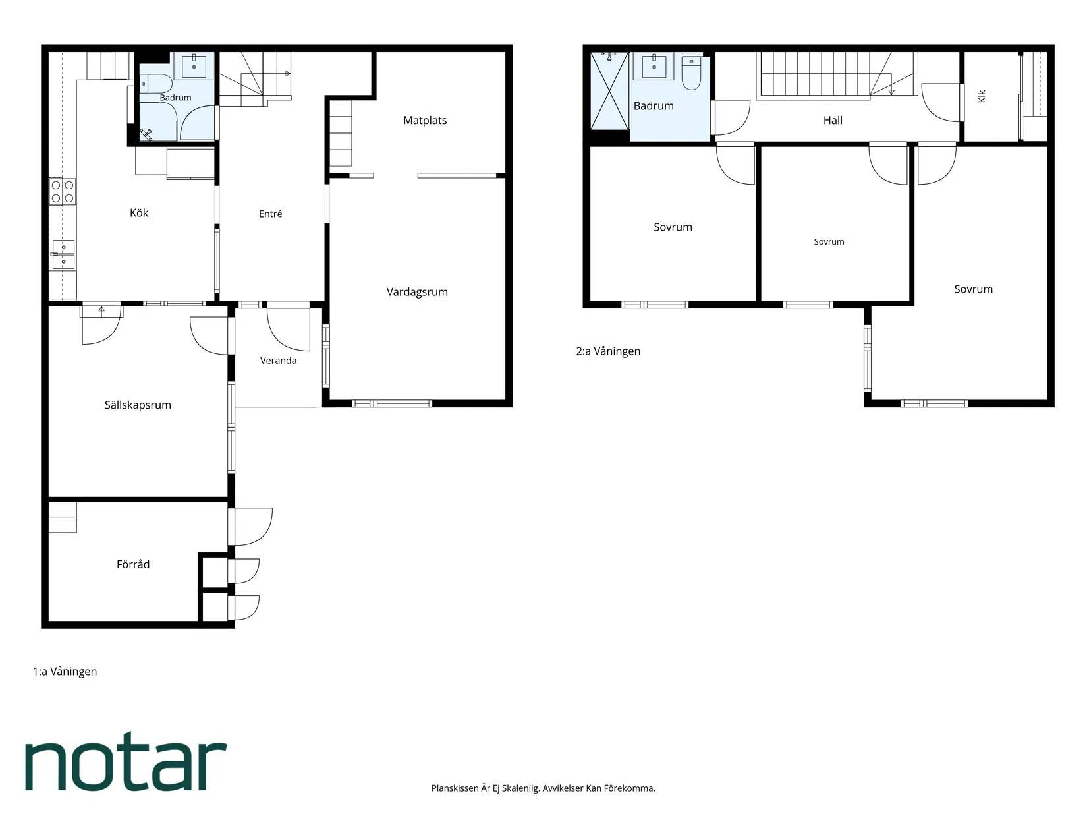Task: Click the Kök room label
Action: coord(138,212)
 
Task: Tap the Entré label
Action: coord(270,214)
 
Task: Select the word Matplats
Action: coord(425,121)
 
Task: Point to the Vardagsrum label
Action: coord(417,292)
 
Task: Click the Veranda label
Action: coord(278,360)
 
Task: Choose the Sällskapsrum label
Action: coord(138,405)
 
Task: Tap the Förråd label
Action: coord(132,564)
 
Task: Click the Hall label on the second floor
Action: coord(833,120)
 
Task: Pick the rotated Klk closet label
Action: coord(982,96)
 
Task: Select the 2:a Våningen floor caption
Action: coord(608,351)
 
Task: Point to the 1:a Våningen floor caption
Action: coord(65,672)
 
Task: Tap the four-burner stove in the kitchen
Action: coord(63,192)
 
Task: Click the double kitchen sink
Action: coord(63,254)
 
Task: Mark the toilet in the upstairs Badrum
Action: coord(691,73)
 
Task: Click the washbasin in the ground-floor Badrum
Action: coord(194,65)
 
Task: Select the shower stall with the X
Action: coord(609,91)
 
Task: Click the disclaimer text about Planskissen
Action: coord(543,788)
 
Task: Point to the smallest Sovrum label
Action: coord(829,242)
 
